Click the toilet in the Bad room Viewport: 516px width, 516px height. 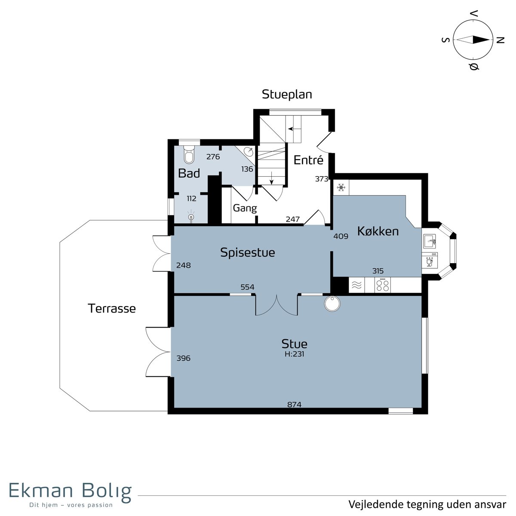pos(189,154)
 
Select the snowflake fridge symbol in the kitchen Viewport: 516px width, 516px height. pos(341,187)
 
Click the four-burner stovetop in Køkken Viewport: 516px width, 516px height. pos(382,285)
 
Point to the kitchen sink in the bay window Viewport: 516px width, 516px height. pos(429,241)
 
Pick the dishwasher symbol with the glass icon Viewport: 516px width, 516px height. pos(430,260)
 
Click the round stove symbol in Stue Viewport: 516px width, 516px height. pos(332,304)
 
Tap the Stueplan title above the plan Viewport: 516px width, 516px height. pos(287,94)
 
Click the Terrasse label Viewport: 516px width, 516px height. pos(112,308)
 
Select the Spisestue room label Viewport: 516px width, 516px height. pos(247,252)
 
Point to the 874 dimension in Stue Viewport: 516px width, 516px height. pos(294,404)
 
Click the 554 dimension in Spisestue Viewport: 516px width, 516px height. pos(247,287)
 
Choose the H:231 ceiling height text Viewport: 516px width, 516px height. pos(294,354)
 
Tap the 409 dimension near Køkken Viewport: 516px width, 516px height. pos(341,236)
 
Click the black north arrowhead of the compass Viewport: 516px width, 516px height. pos(481,40)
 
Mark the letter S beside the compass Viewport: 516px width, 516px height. pos(445,40)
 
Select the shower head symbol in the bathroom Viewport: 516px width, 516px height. pos(191,216)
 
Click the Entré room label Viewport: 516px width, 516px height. pos(308,160)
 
